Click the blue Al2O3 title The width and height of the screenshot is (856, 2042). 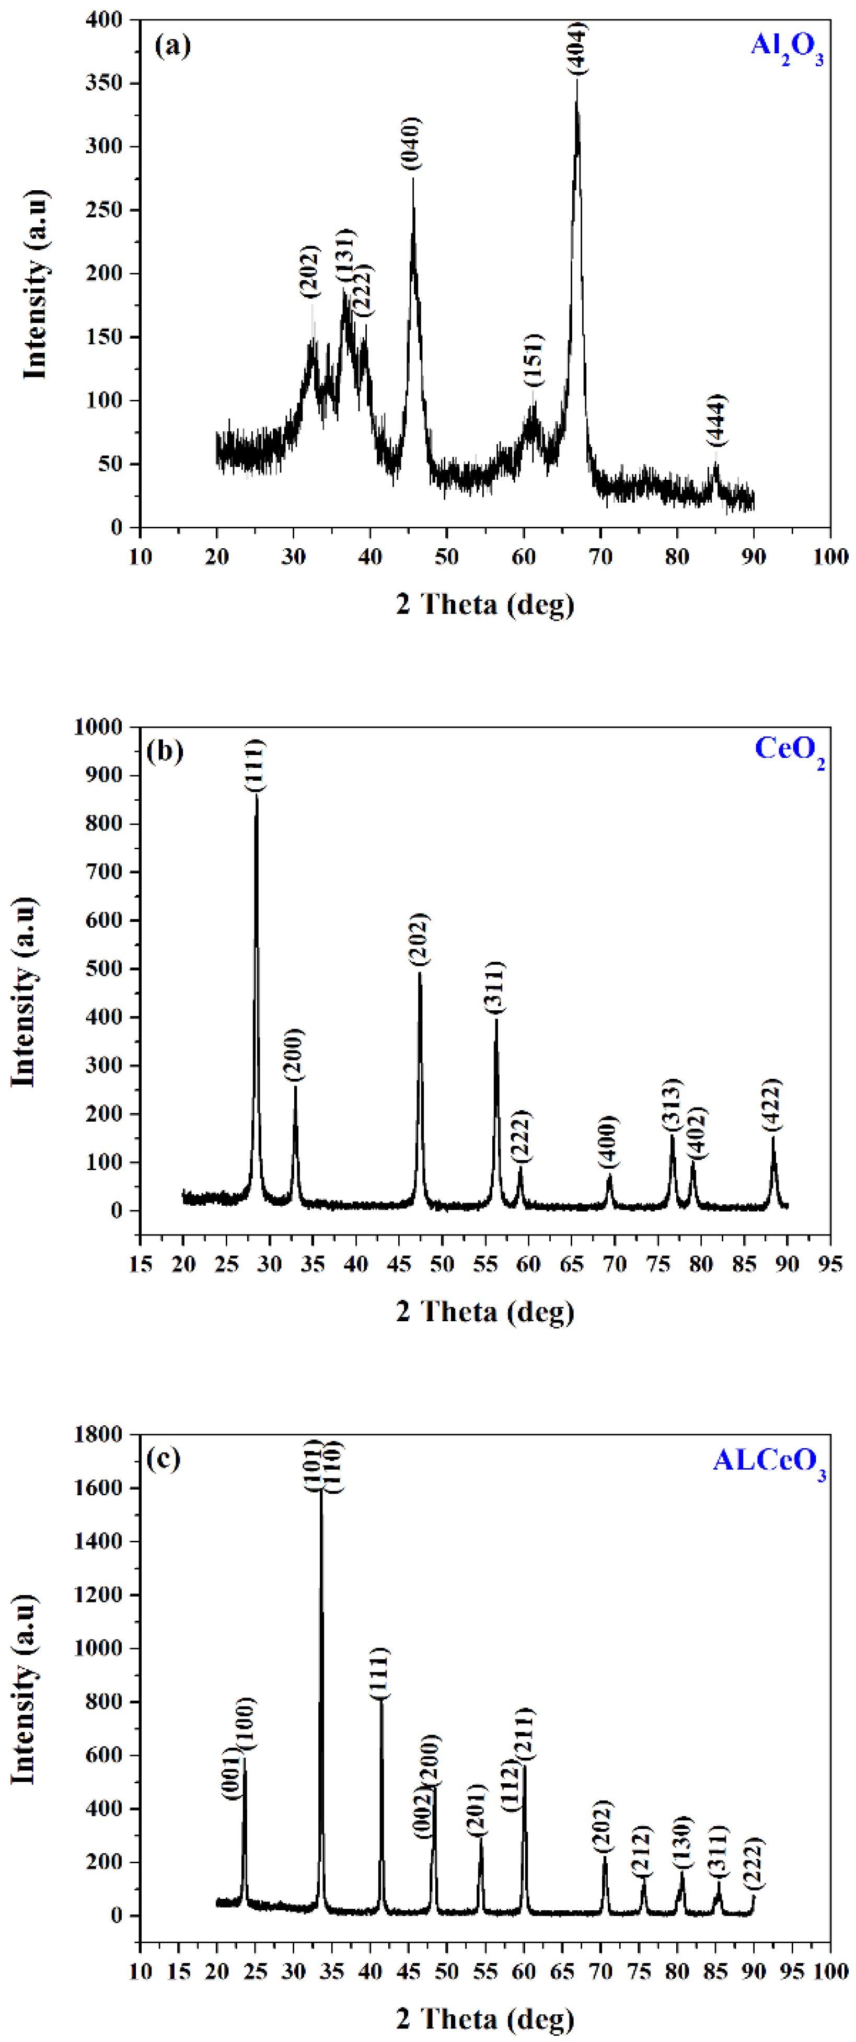point(786,47)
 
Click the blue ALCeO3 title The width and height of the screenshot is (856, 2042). point(769,1460)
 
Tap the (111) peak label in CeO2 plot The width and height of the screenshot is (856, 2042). point(255,766)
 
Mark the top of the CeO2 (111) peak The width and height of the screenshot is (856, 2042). point(256,795)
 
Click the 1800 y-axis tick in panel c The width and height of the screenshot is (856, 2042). point(99,1434)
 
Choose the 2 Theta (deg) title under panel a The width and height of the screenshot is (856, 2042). point(485,604)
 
